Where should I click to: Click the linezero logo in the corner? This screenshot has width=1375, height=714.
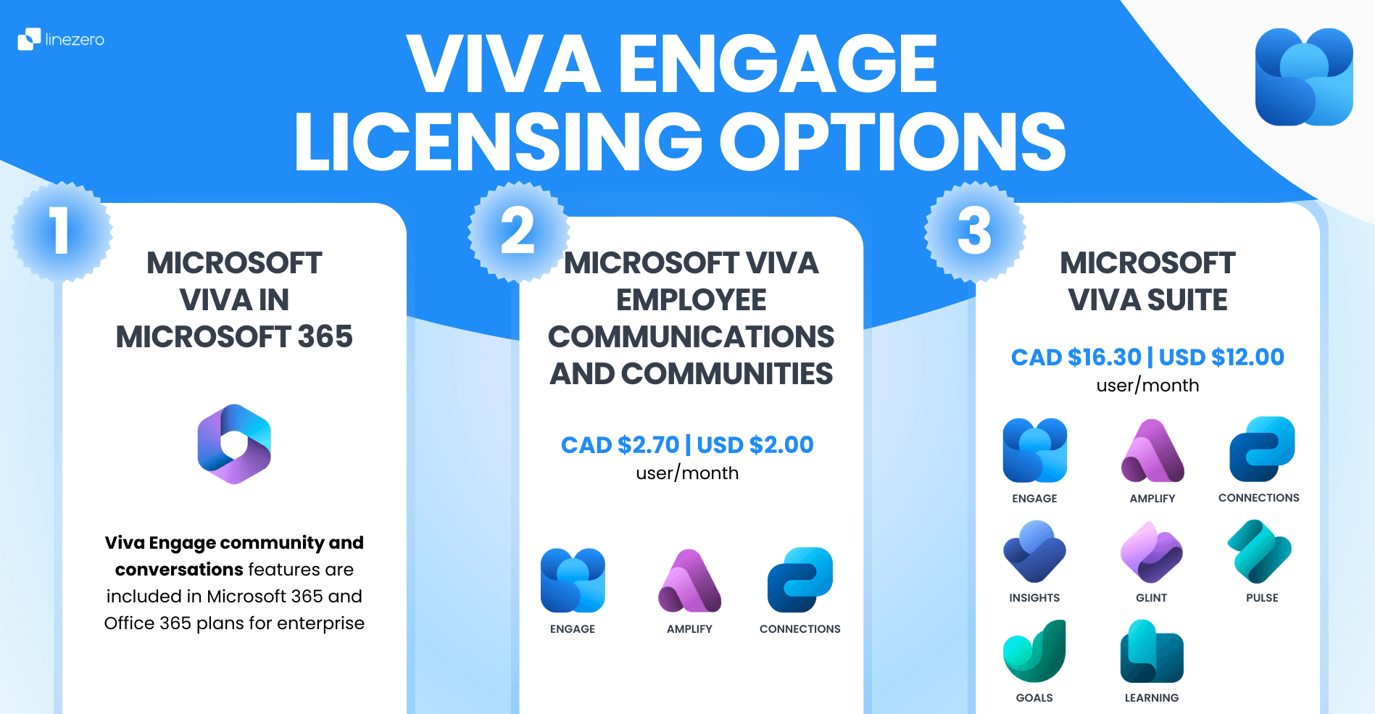click(x=61, y=39)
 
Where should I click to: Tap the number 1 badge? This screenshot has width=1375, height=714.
click(x=62, y=231)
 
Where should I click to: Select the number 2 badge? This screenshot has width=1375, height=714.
click(x=518, y=231)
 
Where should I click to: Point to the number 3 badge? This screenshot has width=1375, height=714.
click(x=975, y=231)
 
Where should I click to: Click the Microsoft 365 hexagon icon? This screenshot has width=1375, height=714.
click(x=234, y=444)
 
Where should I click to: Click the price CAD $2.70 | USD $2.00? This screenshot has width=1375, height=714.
click(x=687, y=444)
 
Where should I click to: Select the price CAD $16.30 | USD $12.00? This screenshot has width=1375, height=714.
click(x=1147, y=357)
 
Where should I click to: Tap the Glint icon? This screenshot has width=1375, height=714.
click(x=1152, y=552)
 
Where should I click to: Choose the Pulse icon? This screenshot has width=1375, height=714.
click(x=1260, y=552)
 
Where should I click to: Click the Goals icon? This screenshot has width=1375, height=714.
click(x=1034, y=651)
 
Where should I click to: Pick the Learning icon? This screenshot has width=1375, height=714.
click(x=1152, y=651)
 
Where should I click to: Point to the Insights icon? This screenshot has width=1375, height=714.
click(x=1034, y=552)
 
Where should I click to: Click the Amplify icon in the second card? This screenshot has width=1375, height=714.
click(x=689, y=581)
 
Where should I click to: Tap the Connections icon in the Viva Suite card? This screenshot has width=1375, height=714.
click(x=1262, y=449)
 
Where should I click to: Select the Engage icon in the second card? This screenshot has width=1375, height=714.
click(x=573, y=581)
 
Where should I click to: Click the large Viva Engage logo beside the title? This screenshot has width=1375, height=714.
click(x=1304, y=77)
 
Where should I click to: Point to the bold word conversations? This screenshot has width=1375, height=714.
click(x=179, y=570)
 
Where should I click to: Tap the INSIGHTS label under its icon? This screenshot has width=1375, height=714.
click(x=1034, y=598)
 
